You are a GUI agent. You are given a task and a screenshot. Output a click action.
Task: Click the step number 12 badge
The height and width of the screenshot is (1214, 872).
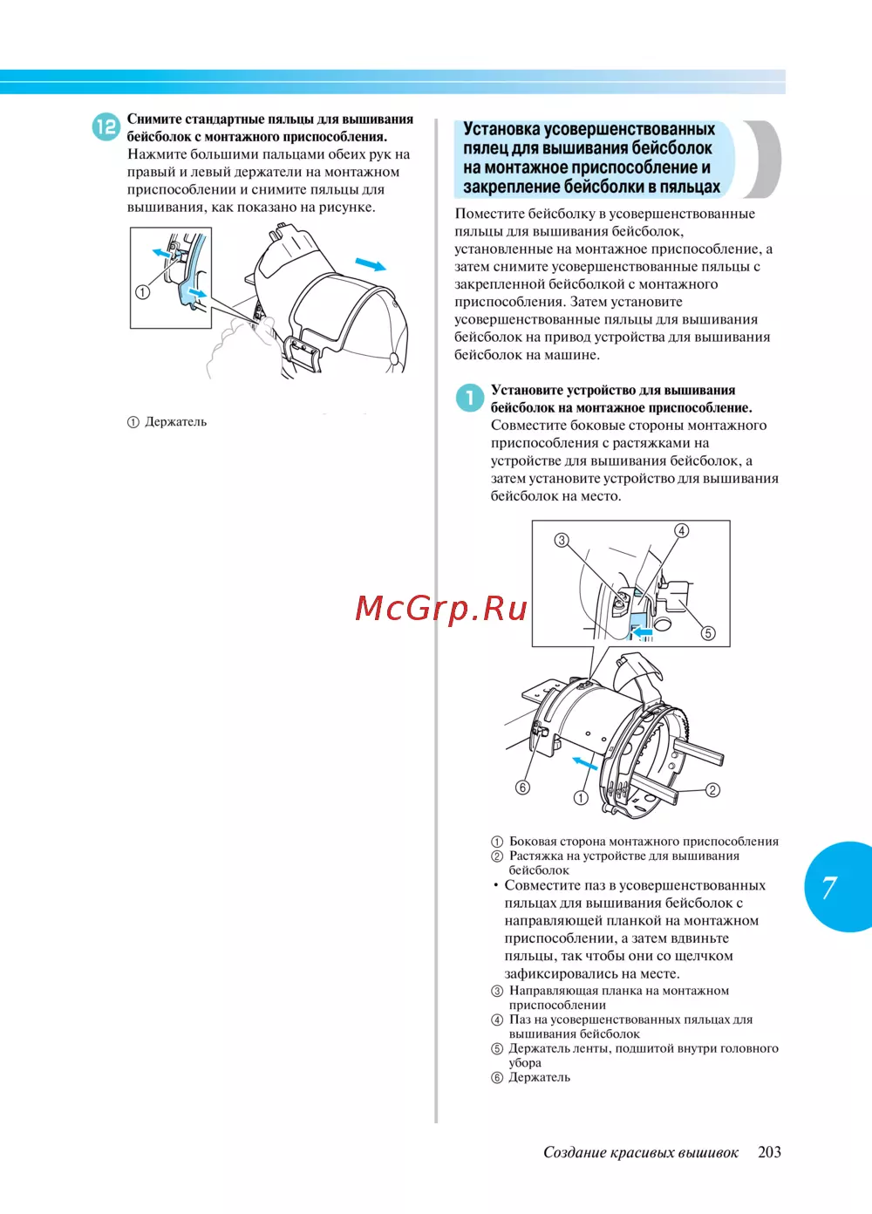(106, 126)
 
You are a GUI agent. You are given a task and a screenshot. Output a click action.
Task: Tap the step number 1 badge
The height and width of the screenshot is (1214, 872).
(469, 398)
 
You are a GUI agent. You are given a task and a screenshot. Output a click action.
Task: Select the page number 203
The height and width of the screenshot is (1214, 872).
(769, 1152)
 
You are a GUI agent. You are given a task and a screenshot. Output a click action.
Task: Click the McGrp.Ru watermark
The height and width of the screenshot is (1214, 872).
(441, 608)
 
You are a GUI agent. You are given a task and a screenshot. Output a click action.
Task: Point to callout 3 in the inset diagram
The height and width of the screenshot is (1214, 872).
(562, 540)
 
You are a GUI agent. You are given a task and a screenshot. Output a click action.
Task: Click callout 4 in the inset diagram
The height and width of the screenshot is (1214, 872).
(682, 530)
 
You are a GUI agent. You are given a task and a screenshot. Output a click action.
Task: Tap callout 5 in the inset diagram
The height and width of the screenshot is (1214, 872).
(708, 633)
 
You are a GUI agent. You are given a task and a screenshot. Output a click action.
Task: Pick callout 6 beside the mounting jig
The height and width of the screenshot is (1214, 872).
(522, 788)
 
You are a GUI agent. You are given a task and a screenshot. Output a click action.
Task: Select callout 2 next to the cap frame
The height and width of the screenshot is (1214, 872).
(712, 790)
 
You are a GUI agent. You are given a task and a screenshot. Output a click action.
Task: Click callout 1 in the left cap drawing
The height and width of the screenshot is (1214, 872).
(142, 292)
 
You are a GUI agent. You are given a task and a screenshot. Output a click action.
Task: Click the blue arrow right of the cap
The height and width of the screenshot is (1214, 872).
(371, 264)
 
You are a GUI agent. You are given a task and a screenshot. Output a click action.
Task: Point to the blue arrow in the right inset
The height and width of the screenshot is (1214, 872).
(641, 631)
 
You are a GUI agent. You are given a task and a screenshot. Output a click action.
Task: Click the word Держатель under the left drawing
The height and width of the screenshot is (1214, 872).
(175, 422)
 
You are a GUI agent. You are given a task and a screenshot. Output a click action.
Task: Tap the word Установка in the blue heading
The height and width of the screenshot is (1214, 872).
(501, 129)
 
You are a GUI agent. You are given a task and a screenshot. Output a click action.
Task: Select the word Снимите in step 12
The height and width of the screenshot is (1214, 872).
(154, 119)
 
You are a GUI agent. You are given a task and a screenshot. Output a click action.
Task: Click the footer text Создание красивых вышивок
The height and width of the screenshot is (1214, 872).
(640, 1152)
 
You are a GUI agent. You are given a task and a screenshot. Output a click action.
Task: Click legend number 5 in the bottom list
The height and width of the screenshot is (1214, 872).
(497, 1049)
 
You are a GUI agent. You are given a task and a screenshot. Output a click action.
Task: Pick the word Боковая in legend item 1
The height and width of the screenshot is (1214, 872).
(533, 842)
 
